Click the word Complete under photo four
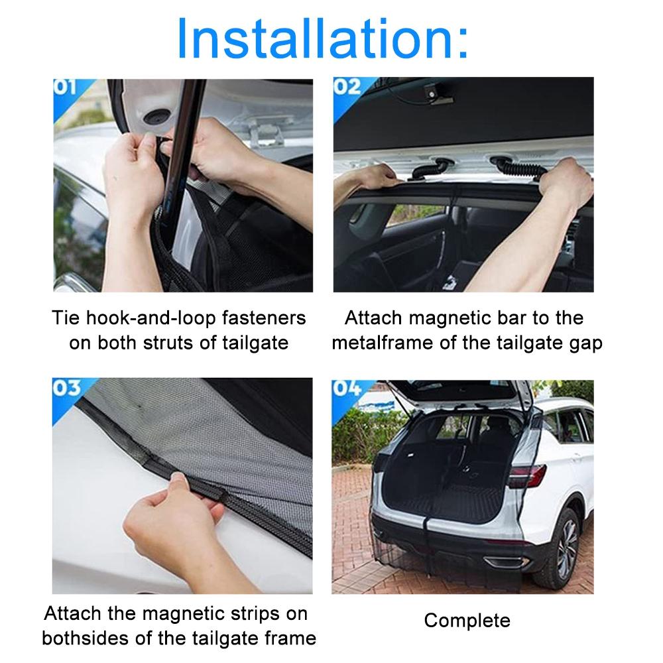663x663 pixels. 467,621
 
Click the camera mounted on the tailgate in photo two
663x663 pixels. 434,95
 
